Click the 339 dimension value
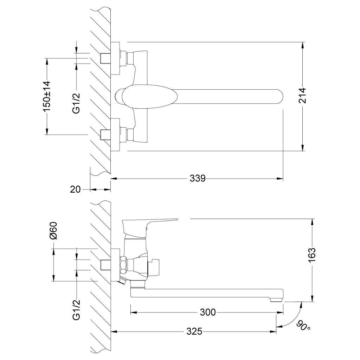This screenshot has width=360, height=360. click(x=198, y=178)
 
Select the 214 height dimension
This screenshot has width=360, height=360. click(x=303, y=96)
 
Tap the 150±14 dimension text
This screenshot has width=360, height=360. click(x=47, y=96)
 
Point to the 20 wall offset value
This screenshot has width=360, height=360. click(x=75, y=189)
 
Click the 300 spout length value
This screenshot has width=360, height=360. click(x=208, y=312)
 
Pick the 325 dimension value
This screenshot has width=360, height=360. click(x=194, y=332)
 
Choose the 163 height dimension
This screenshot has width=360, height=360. click(x=312, y=255)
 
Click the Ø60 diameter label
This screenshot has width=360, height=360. click(x=53, y=231)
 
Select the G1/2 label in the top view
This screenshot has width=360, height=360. click(x=76, y=103)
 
